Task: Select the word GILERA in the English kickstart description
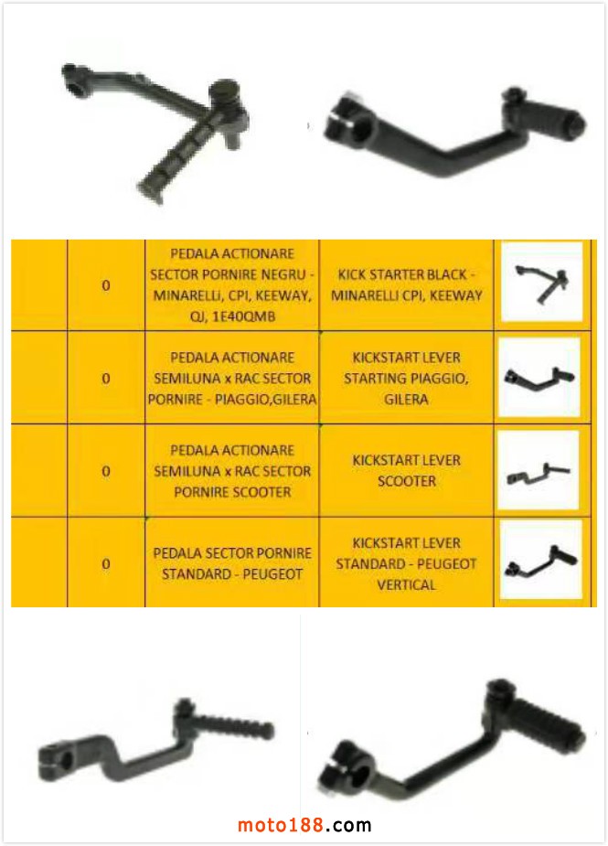406,400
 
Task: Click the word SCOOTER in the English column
406,481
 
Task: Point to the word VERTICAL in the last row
406,584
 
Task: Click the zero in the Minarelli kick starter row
106,285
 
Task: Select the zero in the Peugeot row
106,563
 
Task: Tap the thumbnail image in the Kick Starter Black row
541,281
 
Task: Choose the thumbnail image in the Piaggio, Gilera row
539,377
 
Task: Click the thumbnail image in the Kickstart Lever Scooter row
538,470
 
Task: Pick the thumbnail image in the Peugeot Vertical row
541,560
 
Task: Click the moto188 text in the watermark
281,825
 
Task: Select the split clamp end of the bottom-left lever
58,761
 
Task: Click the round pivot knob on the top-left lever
222,91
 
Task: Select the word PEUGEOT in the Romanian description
272,574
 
